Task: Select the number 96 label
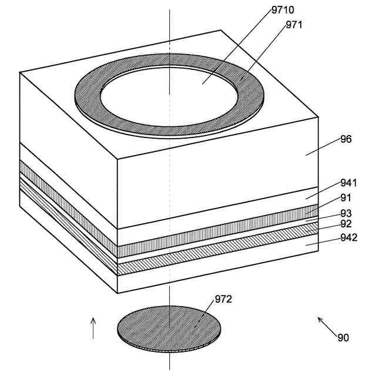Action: (x=346, y=139)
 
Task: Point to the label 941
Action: (x=348, y=183)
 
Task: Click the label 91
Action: (x=346, y=198)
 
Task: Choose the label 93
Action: (x=346, y=213)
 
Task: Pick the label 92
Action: (x=346, y=224)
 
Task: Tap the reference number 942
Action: (x=348, y=237)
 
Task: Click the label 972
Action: (x=223, y=299)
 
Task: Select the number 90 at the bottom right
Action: (x=343, y=338)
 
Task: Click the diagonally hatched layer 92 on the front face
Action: (x=217, y=249)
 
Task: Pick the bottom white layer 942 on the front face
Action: (x=217, y=263)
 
